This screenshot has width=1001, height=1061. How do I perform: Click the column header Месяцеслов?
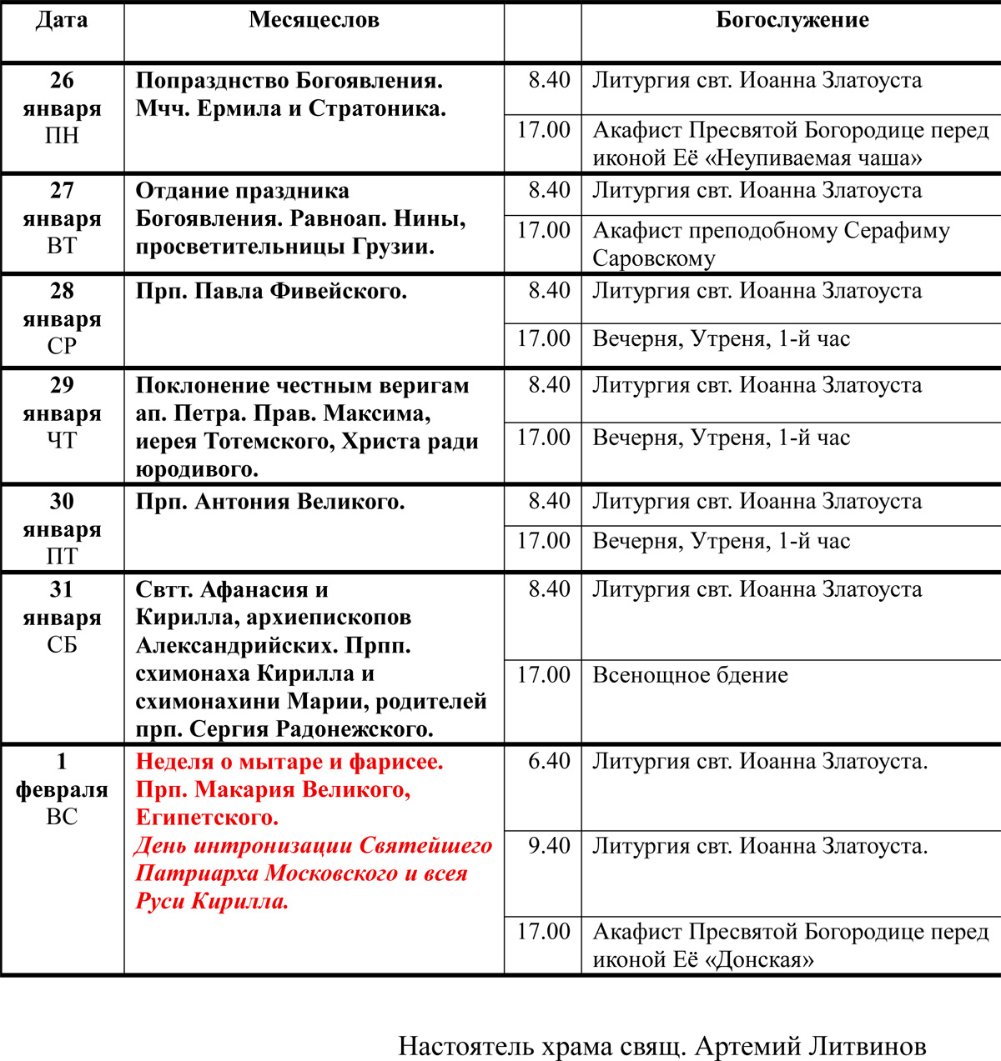point(314,21)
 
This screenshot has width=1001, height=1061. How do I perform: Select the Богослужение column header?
point(792,21)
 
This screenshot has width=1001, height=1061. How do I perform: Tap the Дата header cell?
point(62,21)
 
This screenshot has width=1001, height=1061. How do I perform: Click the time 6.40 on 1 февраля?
point(549,761)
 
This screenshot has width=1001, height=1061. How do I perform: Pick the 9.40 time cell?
point(549,846)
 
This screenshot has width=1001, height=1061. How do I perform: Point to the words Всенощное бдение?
point(690,675)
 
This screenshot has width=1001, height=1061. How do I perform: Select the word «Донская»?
point(759,960)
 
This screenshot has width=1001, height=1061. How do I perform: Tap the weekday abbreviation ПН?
point(62,136)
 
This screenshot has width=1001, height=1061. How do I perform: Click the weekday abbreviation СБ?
point(62,645)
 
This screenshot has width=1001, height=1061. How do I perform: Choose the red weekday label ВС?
point(62,817)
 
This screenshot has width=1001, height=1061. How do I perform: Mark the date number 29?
point(62,385)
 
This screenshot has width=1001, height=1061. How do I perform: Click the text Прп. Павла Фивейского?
point(271,292)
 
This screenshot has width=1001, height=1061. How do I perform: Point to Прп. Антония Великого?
point(269,503)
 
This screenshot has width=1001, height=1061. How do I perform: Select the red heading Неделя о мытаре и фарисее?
point(289,762)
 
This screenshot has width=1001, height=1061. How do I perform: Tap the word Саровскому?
point(653,259)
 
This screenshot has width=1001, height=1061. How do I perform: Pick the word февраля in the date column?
point(62,789)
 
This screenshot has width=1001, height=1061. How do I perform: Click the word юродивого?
point(196,470)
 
